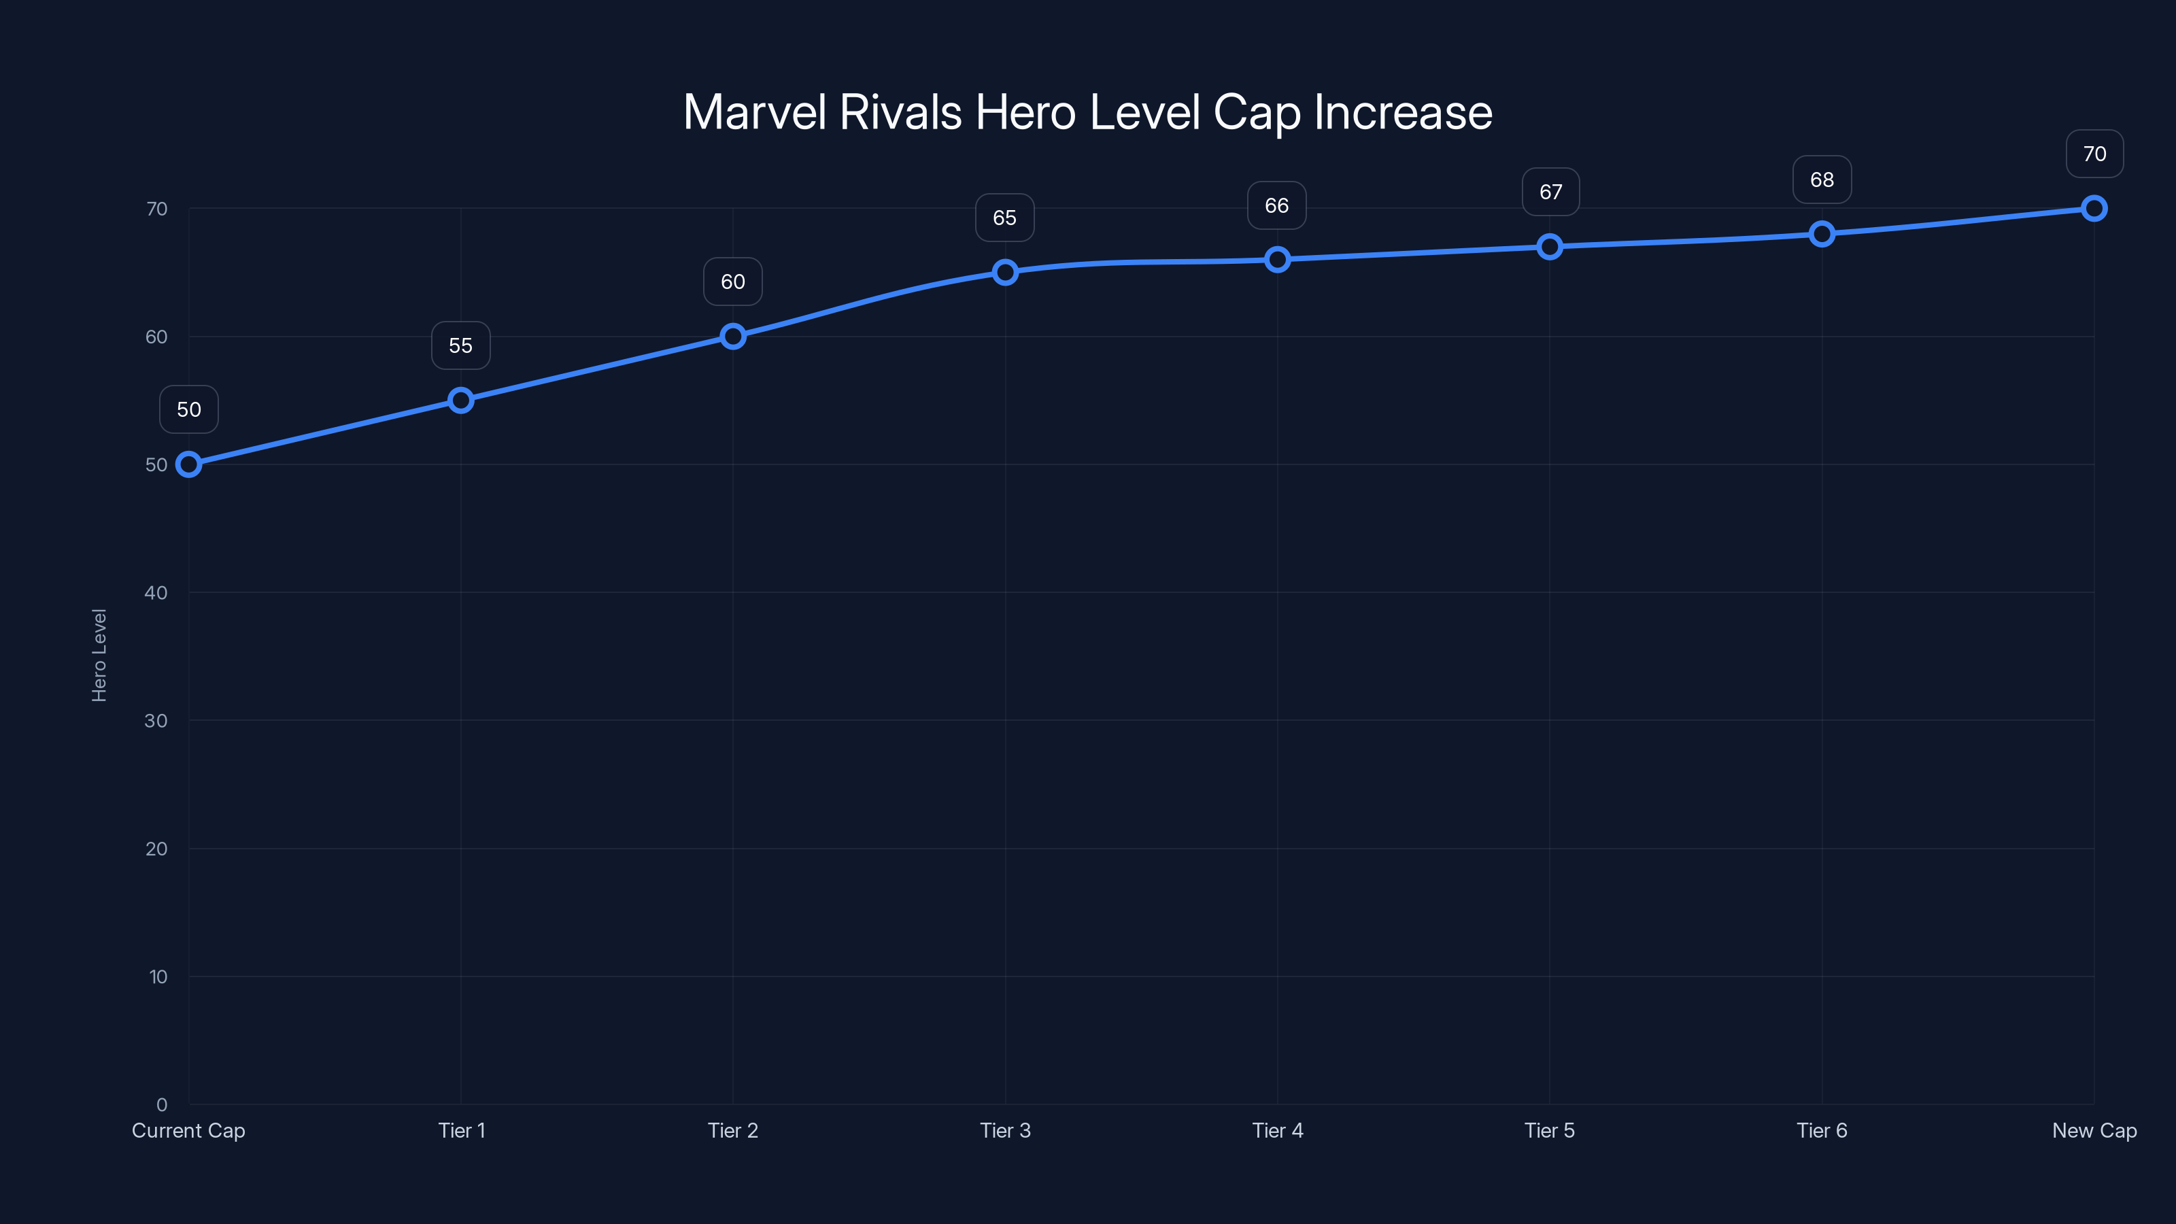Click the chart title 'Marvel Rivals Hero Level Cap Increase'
[1087, 112]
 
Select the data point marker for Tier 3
[1004, 272]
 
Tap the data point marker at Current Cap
[188, 464]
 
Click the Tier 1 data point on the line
[460, 401]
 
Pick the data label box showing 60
[732, 282]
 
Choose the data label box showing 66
[1276, 206]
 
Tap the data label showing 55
[460, 345]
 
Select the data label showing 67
[1550, 192]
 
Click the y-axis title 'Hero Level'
[99, 656]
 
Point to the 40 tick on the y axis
[156, 593]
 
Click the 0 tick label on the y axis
[161, 1105]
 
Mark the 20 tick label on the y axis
[156, 849]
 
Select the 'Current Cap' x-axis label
[188, 1131]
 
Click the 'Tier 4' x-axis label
[1277, 1131]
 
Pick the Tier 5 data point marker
[1549, 247]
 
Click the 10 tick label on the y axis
[158, 977]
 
